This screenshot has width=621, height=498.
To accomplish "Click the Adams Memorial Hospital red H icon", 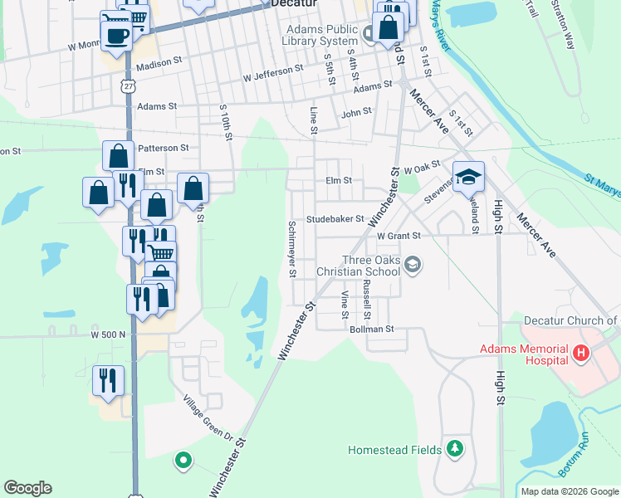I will tap(582, 354).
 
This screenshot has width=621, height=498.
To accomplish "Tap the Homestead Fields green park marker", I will tap(454, 449).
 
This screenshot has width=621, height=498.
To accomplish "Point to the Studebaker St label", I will tap(335, 219).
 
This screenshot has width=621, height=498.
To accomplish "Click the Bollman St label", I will tap(370, 330).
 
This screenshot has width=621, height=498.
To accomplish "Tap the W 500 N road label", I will tap(109, 334).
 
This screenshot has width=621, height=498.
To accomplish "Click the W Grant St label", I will tap(399, 236).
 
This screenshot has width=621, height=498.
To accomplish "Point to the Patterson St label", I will tap(164, 148).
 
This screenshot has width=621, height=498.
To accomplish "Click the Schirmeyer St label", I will tap(291, 248).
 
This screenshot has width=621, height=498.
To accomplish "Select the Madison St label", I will tap(159, 64).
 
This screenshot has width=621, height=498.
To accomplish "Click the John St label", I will tap(356, 112).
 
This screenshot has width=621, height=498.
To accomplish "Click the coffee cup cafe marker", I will tap(115, 35).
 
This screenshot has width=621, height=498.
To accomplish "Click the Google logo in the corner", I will tap(27, 488).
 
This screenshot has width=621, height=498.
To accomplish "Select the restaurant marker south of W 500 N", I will tap(108, 381).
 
